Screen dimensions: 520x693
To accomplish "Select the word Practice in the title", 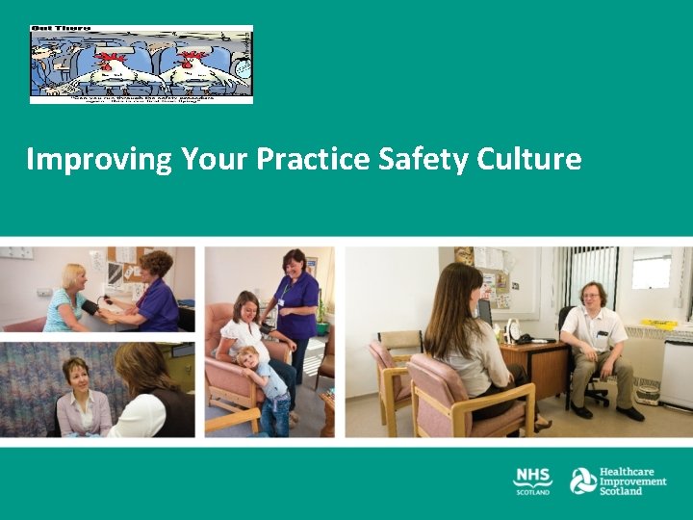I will tap(313, 159).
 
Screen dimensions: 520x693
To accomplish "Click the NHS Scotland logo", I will tap(532, 481).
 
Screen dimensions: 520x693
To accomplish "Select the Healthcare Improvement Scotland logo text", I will tap(632, 481).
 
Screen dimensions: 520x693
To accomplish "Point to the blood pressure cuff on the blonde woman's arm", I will tap(90, 307).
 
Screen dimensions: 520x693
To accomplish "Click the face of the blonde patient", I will tap(74, 277).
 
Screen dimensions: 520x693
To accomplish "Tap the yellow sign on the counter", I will tap(659, 323).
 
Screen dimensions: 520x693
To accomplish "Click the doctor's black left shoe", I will tap(581, 410).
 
